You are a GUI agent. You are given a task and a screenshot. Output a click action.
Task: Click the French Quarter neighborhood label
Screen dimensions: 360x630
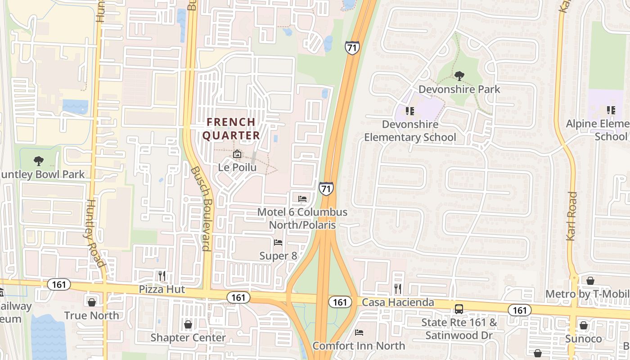click(x=231, y=129)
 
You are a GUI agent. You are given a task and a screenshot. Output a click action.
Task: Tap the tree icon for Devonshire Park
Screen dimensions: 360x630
click(x=459, y=76)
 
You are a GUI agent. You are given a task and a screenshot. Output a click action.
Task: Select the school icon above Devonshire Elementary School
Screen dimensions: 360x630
click(x=409, y=111)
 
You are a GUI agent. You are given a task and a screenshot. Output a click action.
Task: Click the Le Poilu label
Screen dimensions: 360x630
click(x=237, y=167)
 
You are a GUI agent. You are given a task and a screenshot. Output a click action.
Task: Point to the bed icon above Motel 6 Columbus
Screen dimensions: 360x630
click(x=302, y=199)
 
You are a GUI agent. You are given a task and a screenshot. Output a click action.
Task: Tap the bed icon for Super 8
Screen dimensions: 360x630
click(x=278, y=243)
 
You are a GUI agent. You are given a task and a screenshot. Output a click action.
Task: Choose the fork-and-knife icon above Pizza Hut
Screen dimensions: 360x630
click(x=162, y=275)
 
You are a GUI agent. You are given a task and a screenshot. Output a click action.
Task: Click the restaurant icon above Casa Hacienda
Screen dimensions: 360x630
click(x=398, y=288)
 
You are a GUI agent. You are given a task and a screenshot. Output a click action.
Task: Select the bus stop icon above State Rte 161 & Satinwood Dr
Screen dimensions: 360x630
click(x=459, y=309)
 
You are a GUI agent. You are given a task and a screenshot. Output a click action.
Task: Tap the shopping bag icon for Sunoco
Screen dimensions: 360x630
click(x=584, y=325)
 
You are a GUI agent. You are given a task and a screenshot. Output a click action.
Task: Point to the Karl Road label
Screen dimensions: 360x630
click(x=571, y=216)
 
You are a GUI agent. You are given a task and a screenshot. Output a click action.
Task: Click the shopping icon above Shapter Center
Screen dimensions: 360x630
click(x=188, y=324)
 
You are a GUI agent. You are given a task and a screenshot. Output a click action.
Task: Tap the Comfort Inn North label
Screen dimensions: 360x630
click(x=359, y=346)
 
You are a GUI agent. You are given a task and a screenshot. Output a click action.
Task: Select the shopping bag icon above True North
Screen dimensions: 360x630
click(x=92, y=302)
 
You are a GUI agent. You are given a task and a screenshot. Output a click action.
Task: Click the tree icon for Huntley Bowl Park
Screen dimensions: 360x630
click(x=39, y=161)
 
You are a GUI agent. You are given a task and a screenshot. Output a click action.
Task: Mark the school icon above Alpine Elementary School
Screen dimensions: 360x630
click(x=611, y=110)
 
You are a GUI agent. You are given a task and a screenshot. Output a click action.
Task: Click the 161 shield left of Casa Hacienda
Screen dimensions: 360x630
click(x=340, y=302)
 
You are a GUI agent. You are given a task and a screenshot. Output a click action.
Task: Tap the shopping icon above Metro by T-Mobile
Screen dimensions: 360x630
click(x=590, y=281)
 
